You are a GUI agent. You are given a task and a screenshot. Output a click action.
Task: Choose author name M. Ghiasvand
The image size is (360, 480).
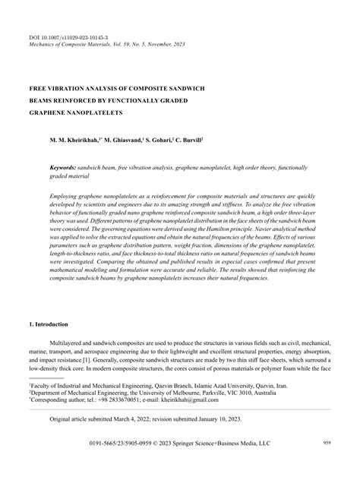[142, 141]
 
